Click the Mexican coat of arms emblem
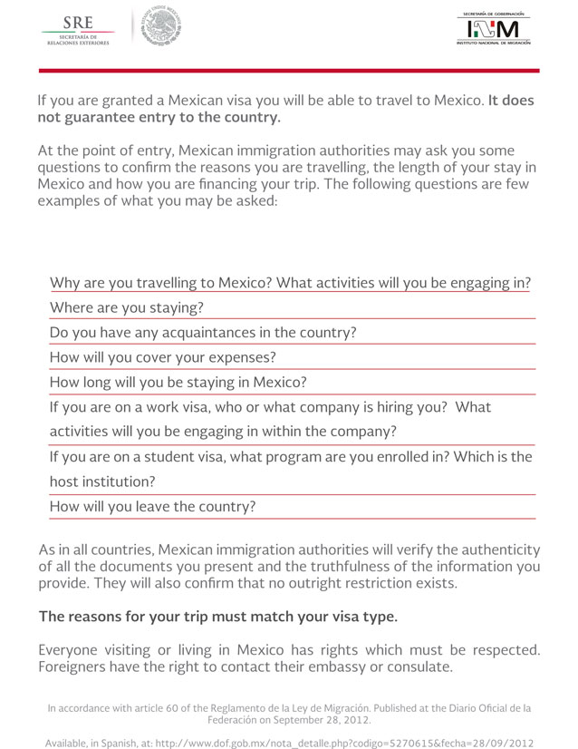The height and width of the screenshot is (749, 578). coord(162,26)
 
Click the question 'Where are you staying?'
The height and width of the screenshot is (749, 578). coord(126,307)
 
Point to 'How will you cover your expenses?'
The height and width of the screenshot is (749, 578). coord(162,357)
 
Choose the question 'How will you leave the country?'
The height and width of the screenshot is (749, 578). coord(152,507)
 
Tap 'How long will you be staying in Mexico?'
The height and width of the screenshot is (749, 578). coord(178,383)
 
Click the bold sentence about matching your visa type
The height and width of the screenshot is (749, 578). coord(217,617)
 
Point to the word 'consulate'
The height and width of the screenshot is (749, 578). coord(413,667)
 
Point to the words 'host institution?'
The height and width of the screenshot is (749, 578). coord(102,481)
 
